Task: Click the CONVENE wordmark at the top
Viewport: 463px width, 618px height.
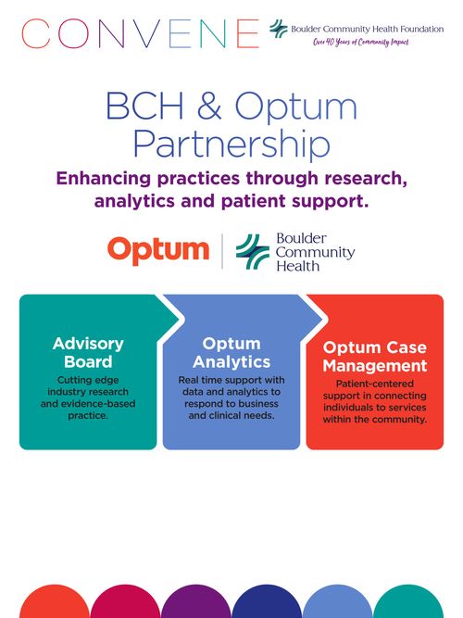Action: [x=140, y=33]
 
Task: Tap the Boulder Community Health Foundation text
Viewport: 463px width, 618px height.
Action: [x=368, y=29]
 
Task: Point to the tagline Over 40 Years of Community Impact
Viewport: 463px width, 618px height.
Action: [x=361, y=42]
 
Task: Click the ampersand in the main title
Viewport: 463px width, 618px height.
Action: [x=209, y=106]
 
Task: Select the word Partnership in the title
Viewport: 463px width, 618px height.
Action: [x=231, y=144]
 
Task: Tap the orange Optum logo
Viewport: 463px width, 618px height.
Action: [x=158, y=251]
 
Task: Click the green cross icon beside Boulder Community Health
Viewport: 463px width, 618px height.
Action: [x=253, y=251]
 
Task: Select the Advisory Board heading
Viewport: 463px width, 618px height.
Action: [x=88, y=353]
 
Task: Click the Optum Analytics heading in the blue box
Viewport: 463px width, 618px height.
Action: [x=231, y=353]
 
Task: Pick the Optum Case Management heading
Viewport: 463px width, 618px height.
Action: [x=375, y=357]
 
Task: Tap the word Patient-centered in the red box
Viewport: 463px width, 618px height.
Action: [x=375, y=384]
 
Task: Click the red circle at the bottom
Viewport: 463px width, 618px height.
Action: [x=55, y=602]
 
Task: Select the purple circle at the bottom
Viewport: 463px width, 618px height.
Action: [x=195, y=602]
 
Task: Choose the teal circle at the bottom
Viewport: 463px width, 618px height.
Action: [x=408, y=602]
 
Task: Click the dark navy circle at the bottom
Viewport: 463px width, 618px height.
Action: [x=267, y=602]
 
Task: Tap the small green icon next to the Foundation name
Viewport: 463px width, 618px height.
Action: [x=279, y=29]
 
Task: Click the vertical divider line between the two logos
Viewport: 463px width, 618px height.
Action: [x=222, y=251]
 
